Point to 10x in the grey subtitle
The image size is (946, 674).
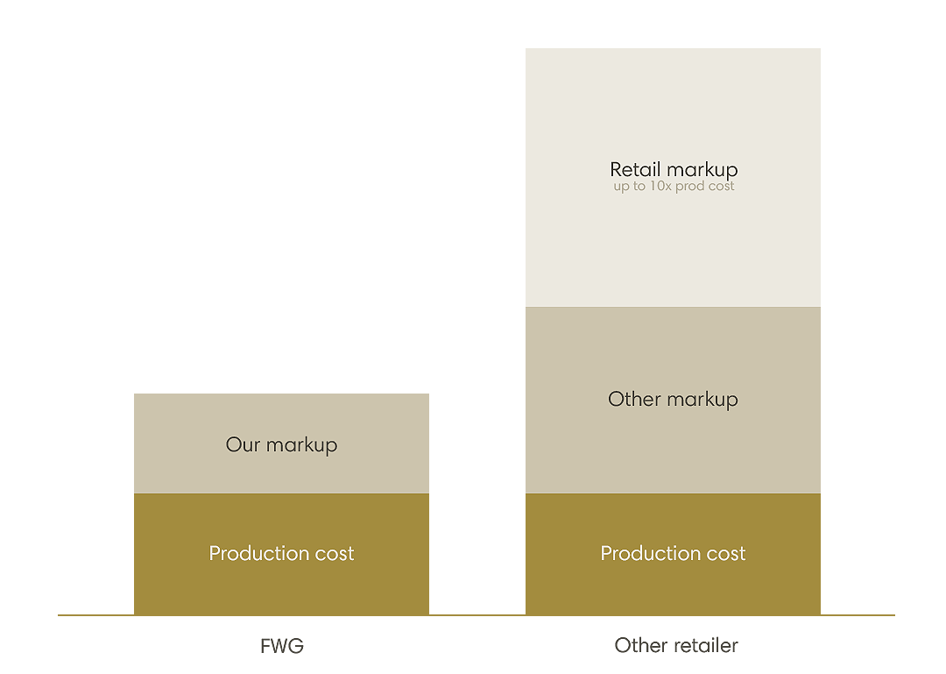coord(658,187)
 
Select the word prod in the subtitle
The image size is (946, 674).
coord(690,187)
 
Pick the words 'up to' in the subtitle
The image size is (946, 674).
coord(627,187)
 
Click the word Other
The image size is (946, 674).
coord(634,400)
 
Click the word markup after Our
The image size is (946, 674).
coord(301,445)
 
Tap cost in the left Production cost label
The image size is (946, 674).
coord(335,554)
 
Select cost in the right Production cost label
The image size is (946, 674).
coord(726,554)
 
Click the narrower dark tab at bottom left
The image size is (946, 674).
coord(280,643)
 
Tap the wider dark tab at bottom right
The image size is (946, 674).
coord(676,642)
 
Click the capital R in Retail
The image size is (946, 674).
coord(616,169)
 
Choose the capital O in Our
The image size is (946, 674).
coord(233,445)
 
